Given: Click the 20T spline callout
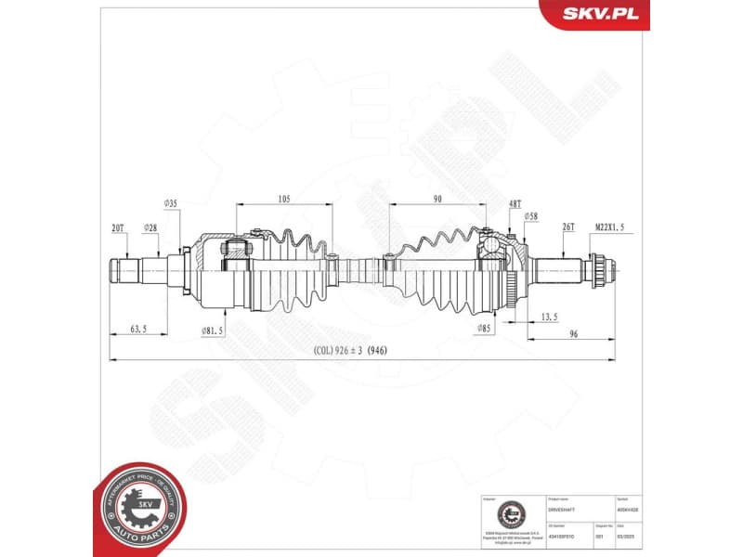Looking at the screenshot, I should point(118,227).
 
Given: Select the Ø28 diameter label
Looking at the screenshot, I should point(150,227).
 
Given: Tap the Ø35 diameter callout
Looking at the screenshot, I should point(171,202).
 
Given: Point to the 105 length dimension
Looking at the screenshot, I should point(282,199).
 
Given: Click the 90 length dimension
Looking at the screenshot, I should point(437,199).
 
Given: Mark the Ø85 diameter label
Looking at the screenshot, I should point(483,328).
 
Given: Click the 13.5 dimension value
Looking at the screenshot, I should point(549,317).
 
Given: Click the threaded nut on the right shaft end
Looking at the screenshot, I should point(600,270).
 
